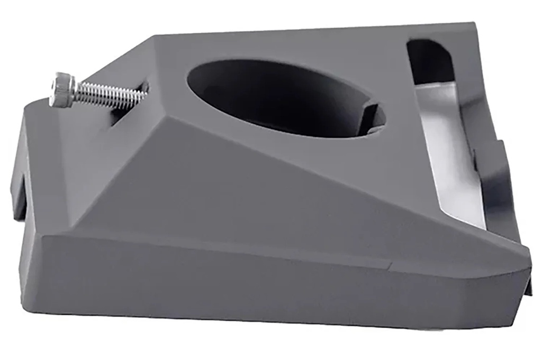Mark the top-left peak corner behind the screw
coord(155,37)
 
